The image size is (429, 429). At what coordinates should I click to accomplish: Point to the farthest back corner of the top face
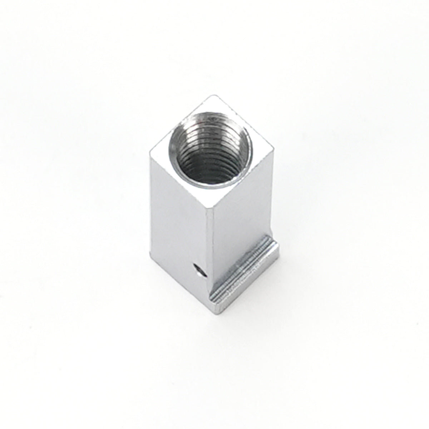tap(214, 96)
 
